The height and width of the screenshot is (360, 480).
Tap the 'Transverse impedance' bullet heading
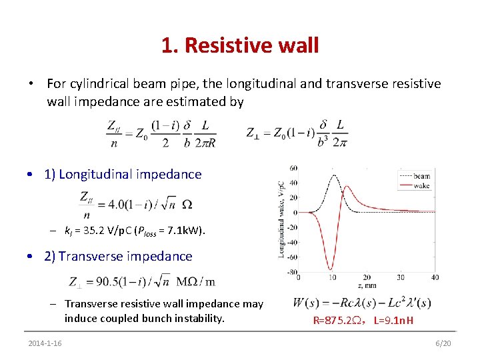tap(118, 257)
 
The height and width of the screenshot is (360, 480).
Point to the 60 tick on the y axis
tap(293, 168)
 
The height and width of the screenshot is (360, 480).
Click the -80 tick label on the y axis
tap(292, 271)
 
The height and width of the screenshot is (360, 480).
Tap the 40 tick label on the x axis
tap(435, 277)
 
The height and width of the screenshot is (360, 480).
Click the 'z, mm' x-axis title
tap(365, 285)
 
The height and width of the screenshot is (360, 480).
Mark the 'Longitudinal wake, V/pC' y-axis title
tap(281, 220)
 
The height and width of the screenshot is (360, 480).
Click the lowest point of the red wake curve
tap(330, 269)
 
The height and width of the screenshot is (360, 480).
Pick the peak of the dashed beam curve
tap(333, 175)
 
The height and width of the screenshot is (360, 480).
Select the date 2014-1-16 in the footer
tap(45, 343)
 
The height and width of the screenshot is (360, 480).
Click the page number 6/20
tap(443, 343)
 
